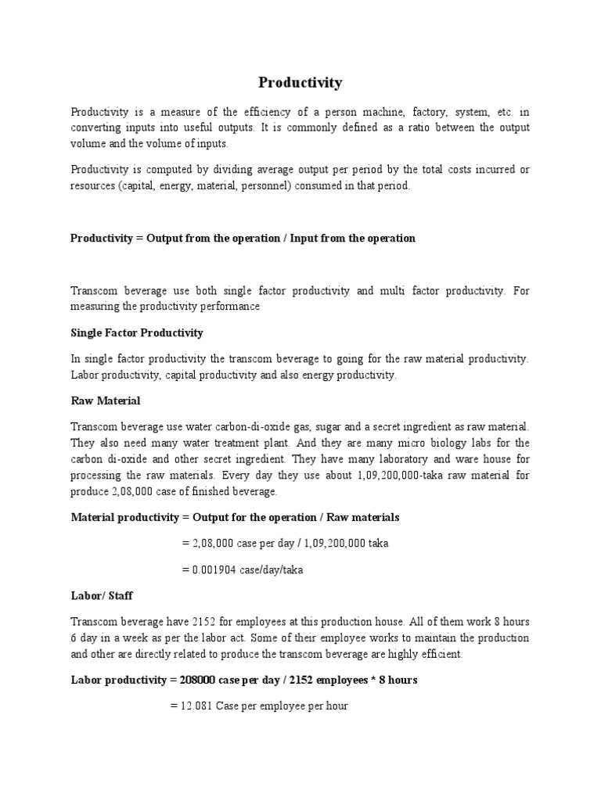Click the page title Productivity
click(300, 82)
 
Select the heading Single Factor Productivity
click(137, 332)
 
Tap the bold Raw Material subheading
click(106, 400)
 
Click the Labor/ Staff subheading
click(102, 595)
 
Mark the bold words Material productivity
click(125, 517)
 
